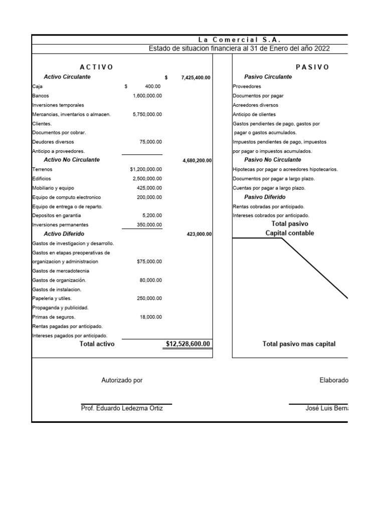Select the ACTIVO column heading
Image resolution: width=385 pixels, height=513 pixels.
pyautogui.click(x=96, y=67)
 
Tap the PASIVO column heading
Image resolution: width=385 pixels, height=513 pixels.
pyautogui.click(x=312, y=67)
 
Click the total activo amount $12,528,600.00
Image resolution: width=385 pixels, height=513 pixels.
pyautogui.click(x=188, y=344)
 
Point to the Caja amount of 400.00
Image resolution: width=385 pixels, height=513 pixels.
pyautogui.click(x=153, y=87)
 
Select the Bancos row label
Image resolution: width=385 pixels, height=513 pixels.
pyautogui.click(x=41, y=96)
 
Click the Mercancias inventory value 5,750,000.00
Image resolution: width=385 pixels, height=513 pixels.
pyautogui.click(x=147, y=114)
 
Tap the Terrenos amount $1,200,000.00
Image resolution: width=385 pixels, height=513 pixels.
pyautogui.click(x=146, y=169)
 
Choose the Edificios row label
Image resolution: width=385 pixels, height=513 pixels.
pyautogui.click(x=42, y=178)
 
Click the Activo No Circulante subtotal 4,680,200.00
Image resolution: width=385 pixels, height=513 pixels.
pyautogui.click(x=197, y=161)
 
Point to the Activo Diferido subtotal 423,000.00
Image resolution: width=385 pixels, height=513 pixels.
pyautogui.click(x=199, y=234)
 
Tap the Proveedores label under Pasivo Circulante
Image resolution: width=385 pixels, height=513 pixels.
pyautogui.click(x=247, y=87)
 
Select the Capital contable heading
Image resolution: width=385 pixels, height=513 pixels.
pyautogui.click(x=290, y=233)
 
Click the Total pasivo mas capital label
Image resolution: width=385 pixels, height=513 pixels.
pyautogui.click(x=299, y=344)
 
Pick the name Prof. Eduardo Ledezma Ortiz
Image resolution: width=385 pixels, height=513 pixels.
pyautogui.click(x=122, y=408)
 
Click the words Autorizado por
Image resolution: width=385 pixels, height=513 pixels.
pyautogui.click(x=122, y=380)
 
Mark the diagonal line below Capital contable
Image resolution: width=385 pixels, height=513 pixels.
pyautogui.click(x=314, y=268)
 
